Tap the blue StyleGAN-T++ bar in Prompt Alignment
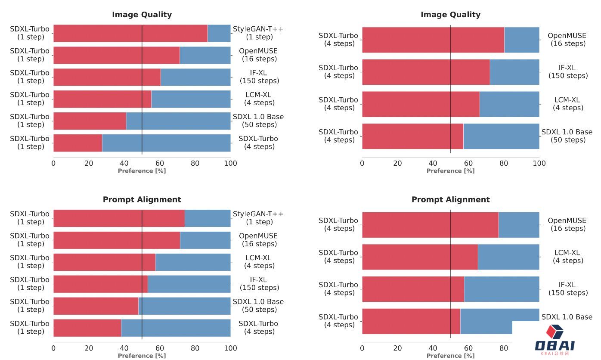click(x=208, y=218)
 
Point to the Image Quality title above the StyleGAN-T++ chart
click(x=142, y=15)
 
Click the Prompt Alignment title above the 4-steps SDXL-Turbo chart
click(x=450, y=199)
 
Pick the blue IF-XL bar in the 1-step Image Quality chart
click(x=195, y=77)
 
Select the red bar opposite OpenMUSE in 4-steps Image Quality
click(x=433, y=40)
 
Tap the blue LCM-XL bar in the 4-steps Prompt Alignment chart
click(x=508, y=257)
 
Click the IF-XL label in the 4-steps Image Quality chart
click(x=568, y=71)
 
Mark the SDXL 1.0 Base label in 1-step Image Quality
click(x=258, y=121)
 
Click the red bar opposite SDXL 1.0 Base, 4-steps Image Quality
click(x=412, y=136)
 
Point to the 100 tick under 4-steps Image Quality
click(x=539, y=164)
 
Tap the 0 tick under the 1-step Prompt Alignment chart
click(x=53, y=348)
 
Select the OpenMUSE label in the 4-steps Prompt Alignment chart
click(x=568, y=224)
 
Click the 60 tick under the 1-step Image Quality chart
click(x=160, y=164)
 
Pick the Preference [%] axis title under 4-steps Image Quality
click(x=450, y=171)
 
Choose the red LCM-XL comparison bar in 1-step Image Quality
click(x=102, y=99)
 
